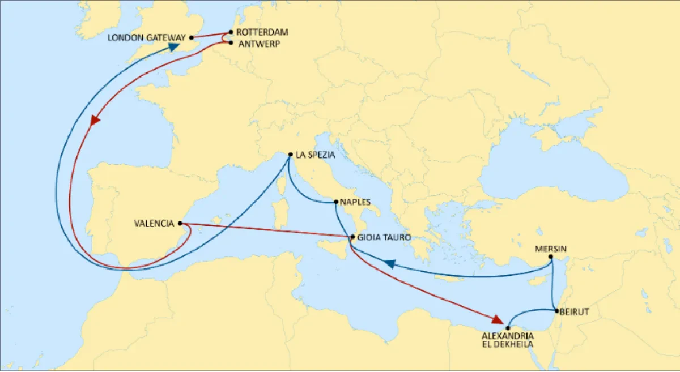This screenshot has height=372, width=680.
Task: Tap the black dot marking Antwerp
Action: pyautogui.click(x=231, y=42)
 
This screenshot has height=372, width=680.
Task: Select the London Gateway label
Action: pyautogui.click(x=147, y=38)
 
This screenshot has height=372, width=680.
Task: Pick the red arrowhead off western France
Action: pyautogui.click(x=95, y=121)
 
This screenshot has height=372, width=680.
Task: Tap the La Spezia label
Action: pyautogui.click(x=316, y=154)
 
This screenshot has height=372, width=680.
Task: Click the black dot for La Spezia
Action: pyautogui.click(x=290, y=155)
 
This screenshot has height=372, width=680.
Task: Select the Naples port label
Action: pyautogui.click(x=355, y=201)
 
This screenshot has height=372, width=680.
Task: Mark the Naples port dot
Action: pyautogui.click(x=336, y=202)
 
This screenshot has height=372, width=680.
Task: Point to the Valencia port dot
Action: pyautogui.click(x=180, y=224)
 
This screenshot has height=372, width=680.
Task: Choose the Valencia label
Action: pyautogui.click(x=154, y=224)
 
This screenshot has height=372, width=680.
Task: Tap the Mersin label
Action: pyautogui.click(x=551, y=249)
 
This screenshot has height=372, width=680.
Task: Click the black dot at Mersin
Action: pyautogui.click(x=551, y=257)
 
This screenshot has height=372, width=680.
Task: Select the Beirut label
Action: pyautogui.click(x=575, y=311)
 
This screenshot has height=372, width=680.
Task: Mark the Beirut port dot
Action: pyautogui.click(x=557, y=310)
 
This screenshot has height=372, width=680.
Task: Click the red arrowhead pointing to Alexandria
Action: pyautogui.click(x=496, y=319)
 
